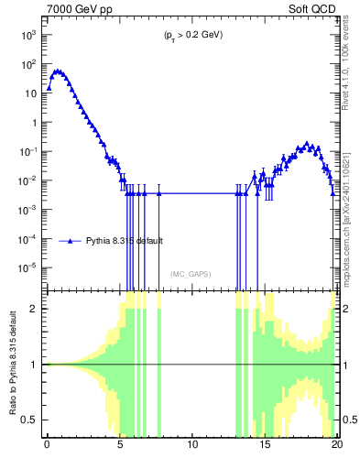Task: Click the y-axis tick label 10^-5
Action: pyautogui.click(x=27, y=267)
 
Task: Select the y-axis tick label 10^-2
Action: pyautogui.click(x=27, y=180)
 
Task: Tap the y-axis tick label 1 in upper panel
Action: pyautogui.click(x=34, y=122)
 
